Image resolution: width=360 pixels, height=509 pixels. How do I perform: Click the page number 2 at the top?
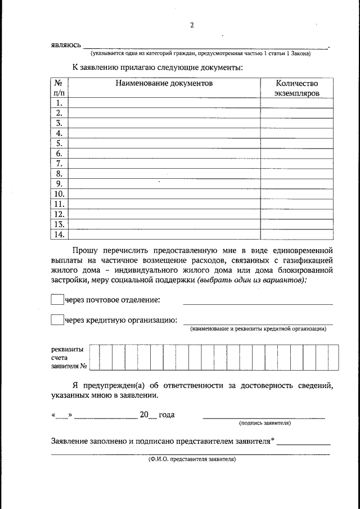point(192,25)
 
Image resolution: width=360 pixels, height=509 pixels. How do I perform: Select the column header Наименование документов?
point(164,83)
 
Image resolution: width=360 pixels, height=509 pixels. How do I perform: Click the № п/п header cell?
point(59,87)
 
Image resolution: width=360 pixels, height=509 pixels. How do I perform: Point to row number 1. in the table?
point(59,103)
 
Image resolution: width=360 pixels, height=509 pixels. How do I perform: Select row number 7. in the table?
point(59,164)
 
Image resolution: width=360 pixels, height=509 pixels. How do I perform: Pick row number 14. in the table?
point(59,235)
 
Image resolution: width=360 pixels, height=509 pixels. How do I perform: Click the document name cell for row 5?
point(164,143)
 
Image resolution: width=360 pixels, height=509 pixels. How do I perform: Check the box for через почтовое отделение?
point(57,300)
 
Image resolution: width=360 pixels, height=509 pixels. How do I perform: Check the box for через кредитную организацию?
point(57,320)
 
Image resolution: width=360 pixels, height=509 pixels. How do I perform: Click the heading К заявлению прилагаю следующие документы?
point(157,67)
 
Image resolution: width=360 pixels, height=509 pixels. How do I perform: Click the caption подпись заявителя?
point(264,422)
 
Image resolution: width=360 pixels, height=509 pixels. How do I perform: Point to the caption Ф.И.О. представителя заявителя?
point(192,459)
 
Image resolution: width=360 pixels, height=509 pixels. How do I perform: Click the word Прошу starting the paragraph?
point(85,249)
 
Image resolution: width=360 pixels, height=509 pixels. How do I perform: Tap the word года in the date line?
point(166,415)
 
